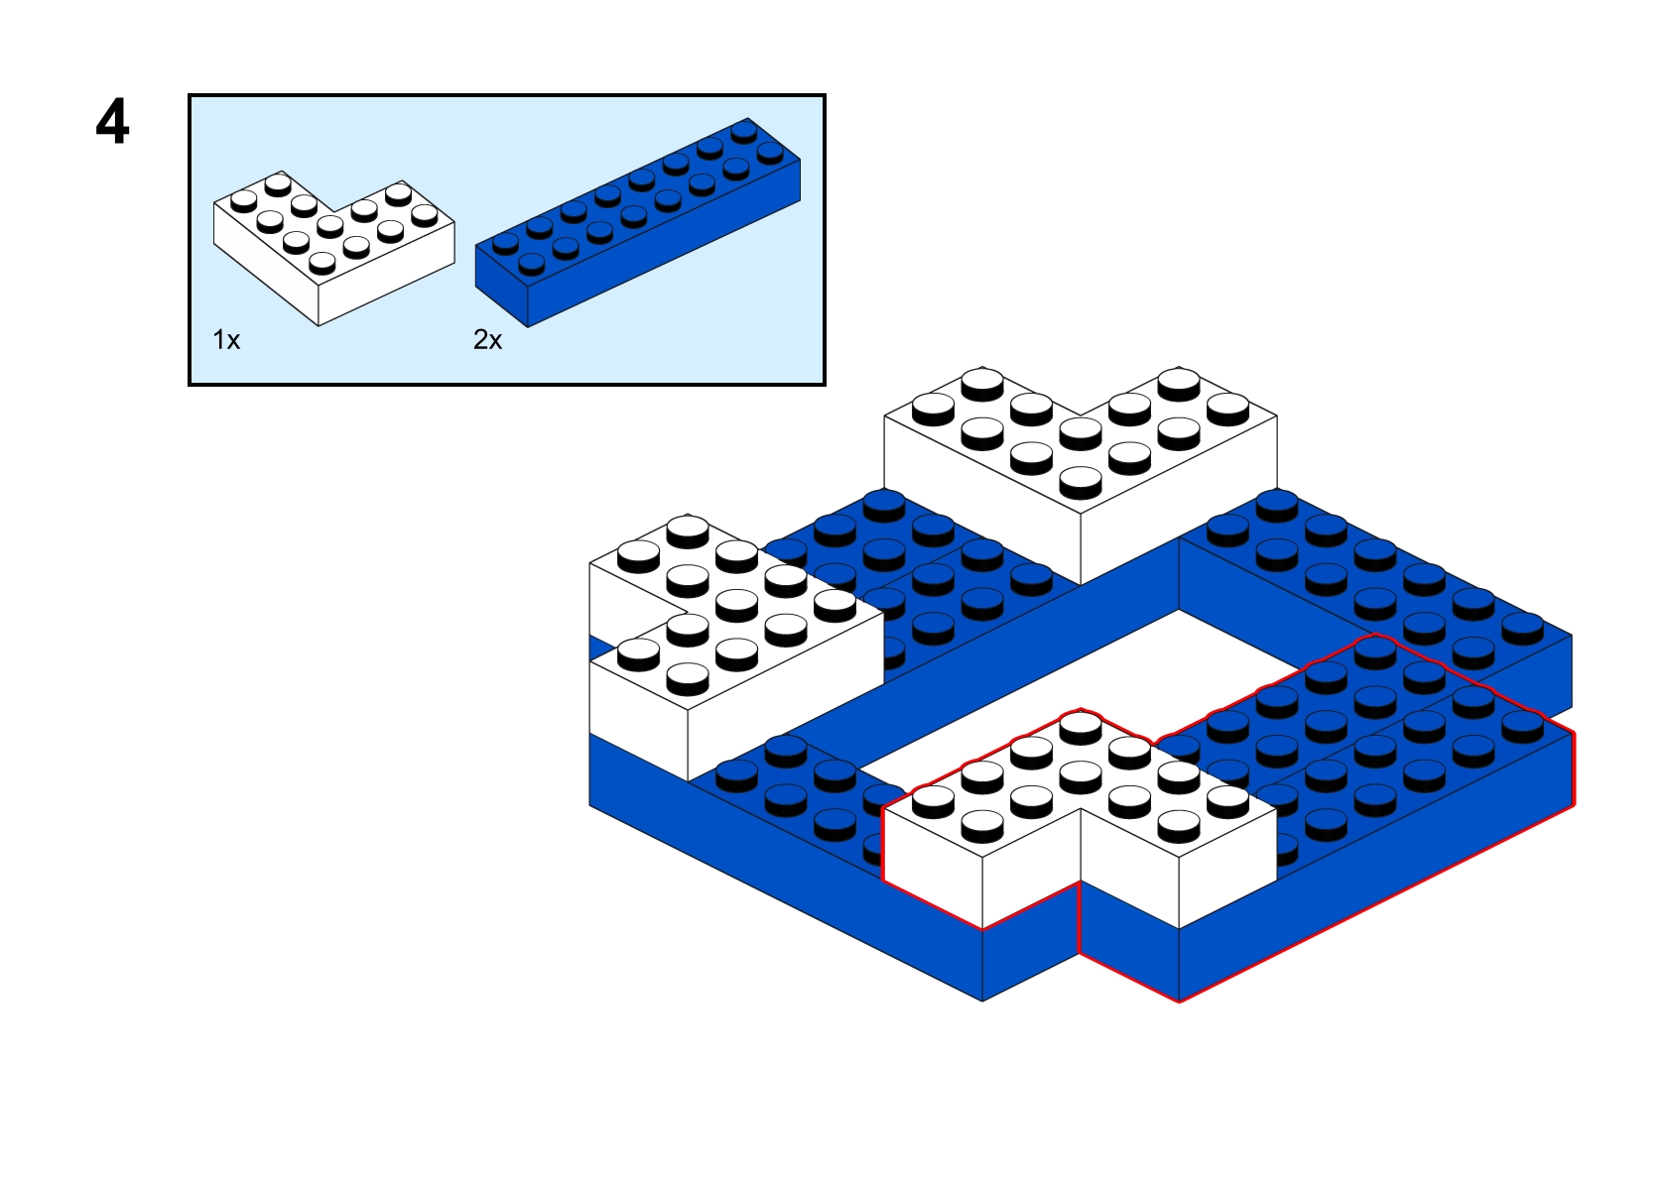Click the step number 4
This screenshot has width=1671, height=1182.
pos(112,122)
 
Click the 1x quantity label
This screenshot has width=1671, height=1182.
pos(226,340)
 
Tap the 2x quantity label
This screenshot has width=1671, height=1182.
pos(488,340)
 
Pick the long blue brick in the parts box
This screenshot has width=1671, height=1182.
pos(638,222)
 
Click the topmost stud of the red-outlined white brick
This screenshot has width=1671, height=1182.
pos(1081,725)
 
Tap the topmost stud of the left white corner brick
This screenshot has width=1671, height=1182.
pos(688,529)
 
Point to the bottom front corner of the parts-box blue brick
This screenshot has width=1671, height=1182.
pos(528,327)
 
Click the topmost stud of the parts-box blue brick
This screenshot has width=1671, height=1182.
pos(744,131)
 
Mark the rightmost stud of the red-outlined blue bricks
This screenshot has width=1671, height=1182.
pos(1522,725)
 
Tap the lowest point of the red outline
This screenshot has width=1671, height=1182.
pos(1179,1002)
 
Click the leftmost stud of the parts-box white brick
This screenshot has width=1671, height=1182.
pos(244,199)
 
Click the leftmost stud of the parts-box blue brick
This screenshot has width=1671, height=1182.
pos(505,243)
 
